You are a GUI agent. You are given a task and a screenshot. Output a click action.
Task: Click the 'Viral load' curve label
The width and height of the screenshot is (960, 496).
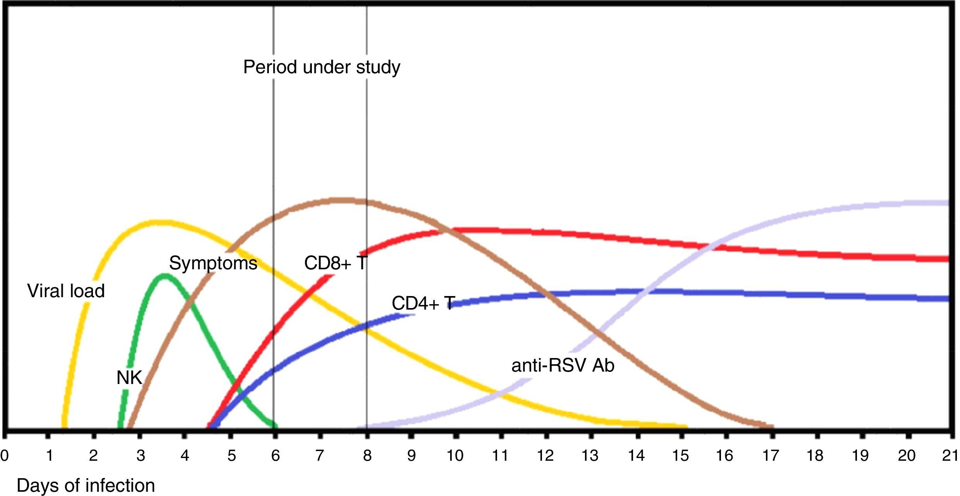coord(66,291)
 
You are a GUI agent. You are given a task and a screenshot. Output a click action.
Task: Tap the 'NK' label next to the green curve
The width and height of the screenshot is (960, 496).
coord(129,378)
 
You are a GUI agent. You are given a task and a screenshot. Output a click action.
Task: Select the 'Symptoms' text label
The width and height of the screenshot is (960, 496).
coord(213,264)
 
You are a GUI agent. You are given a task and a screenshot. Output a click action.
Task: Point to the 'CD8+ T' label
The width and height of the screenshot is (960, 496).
coord(335,263)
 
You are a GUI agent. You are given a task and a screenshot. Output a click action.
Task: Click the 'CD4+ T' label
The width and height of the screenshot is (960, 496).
coord(423,303)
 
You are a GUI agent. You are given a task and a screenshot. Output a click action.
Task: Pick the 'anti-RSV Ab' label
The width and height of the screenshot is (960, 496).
coord(563,366)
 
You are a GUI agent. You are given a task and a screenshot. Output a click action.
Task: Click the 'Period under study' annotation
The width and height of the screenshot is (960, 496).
coord(322,67)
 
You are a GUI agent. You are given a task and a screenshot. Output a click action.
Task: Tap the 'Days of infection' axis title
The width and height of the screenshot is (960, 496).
coord(86,486)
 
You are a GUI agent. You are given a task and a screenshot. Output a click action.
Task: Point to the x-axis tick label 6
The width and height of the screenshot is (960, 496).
coord(275,456)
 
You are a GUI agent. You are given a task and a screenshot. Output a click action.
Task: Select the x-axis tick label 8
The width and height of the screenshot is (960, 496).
coord(367,456)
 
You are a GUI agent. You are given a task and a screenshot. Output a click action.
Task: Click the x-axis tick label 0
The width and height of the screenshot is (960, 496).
coord(4,456)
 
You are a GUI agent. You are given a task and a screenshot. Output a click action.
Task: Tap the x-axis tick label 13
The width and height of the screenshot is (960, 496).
coord(590,456)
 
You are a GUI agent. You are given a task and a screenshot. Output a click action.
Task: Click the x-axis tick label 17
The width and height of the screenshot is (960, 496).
coord(770,456)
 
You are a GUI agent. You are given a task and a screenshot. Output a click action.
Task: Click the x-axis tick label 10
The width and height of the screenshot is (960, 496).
coord(455,456)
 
